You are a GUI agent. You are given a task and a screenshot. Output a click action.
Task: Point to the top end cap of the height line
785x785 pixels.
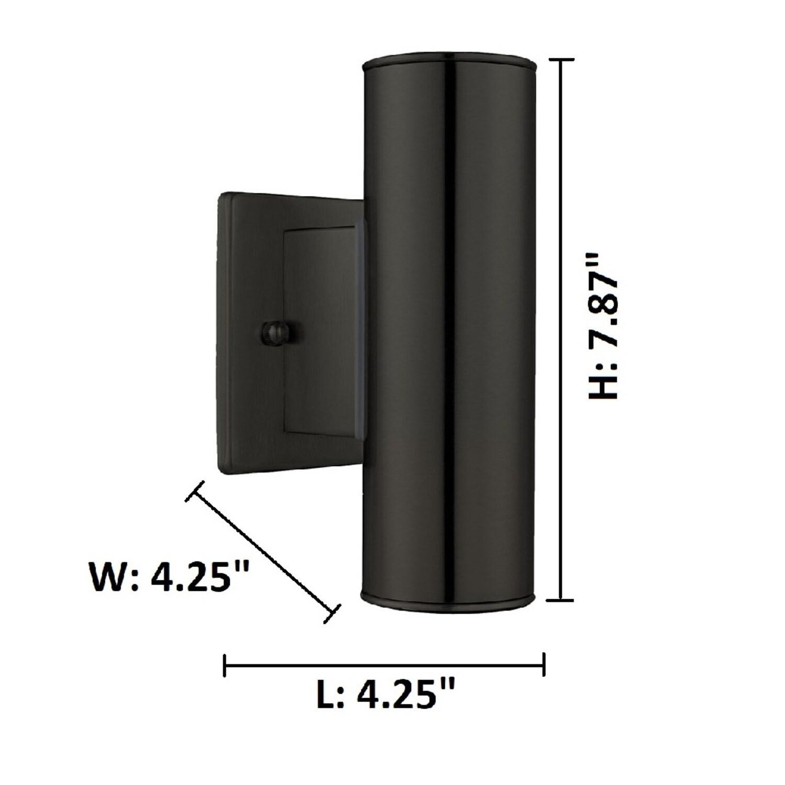click(562, 60)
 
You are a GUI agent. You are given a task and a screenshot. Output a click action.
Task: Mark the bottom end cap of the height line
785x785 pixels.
click(562, 600)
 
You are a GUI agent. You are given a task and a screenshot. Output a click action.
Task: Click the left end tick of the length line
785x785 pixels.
click(225, 666)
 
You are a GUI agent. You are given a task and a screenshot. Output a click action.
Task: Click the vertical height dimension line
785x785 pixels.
click(562, 330)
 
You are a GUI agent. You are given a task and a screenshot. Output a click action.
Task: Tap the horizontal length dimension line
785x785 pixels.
click(385, 666)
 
